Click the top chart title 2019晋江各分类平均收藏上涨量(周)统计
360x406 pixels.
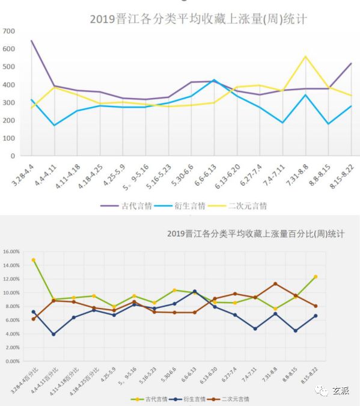pos(198,19)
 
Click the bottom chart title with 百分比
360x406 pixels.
pos(260,233)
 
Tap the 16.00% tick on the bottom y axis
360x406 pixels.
pos(13,251)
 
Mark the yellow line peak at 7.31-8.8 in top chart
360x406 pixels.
pos(305,57)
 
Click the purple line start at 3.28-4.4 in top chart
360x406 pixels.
pos(31,41)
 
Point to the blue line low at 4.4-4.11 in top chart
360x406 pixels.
pos(54,125)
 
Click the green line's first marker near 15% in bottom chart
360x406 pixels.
pos(33,260)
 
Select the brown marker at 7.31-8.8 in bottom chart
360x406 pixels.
pos(275,284)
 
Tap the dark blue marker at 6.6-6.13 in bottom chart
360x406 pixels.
pos(194,291)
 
